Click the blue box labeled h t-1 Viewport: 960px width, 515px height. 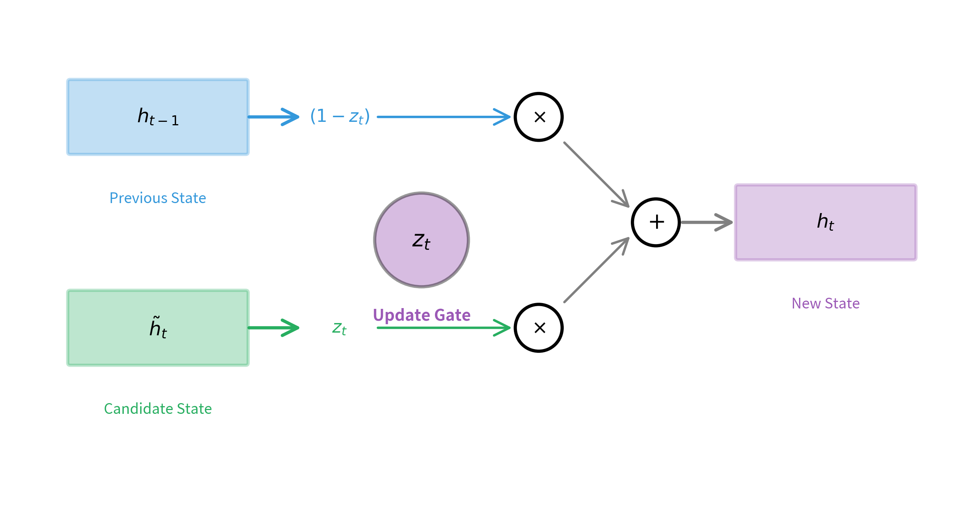pyautogui.click(x=158, y=117)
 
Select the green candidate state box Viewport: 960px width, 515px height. pyautogui.click(x=158, y=328)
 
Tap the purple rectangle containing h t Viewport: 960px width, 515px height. pyautogui.click(x=825, y=222)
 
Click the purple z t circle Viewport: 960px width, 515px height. pyautogui.click(x=421, y=240)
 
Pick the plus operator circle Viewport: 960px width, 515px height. pyautogui.click(x=656, y=222)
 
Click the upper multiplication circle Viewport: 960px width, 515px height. pyautogui.click(x=538, y=117)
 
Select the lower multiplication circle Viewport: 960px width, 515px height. pyautogui.click(x=538, y=328)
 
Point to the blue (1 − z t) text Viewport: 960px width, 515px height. pyautogui.click(x=340, y=116)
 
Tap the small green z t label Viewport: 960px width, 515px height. pyautogui.click(x=339, y=328)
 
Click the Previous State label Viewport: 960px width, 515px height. pyautogui.click(x=158, y=198)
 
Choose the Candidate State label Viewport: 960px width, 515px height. pyautogui.click(x=158, y=409)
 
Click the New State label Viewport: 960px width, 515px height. pyautogui.click(x=825, y=303)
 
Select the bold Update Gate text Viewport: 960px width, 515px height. pyautogui.click(x=421, y=315)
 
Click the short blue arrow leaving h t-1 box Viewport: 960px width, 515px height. pyautogui.click(x=273, y=117)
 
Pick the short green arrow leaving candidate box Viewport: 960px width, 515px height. pyautogui.click(x=273, y=328)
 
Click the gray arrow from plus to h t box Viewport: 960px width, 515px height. pyautogui.click(x=706, y=222)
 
